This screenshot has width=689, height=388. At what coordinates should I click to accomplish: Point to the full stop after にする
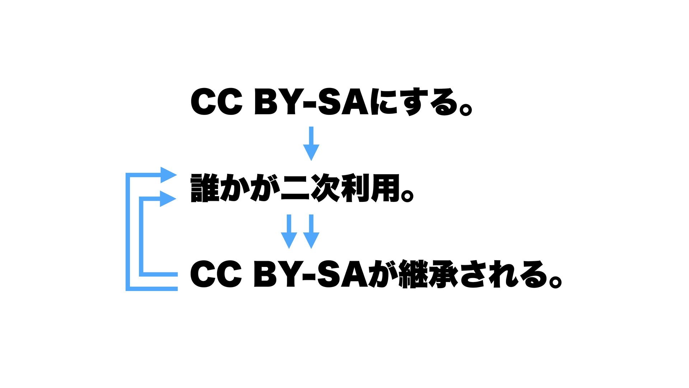(465, 108)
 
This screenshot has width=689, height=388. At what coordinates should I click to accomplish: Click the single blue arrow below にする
(311, 144)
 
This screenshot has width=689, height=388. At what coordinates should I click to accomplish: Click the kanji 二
(295, 188)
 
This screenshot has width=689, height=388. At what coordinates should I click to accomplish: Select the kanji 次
(325, 188)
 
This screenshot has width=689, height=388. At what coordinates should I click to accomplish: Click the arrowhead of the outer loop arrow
(168, 175)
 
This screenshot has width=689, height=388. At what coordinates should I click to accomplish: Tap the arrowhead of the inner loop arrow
(168, 199)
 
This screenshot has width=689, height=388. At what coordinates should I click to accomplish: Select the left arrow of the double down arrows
(289, 232)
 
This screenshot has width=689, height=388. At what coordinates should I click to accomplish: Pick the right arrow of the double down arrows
(311, 232)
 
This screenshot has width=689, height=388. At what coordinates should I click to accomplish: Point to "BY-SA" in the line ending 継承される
(311, 274)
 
